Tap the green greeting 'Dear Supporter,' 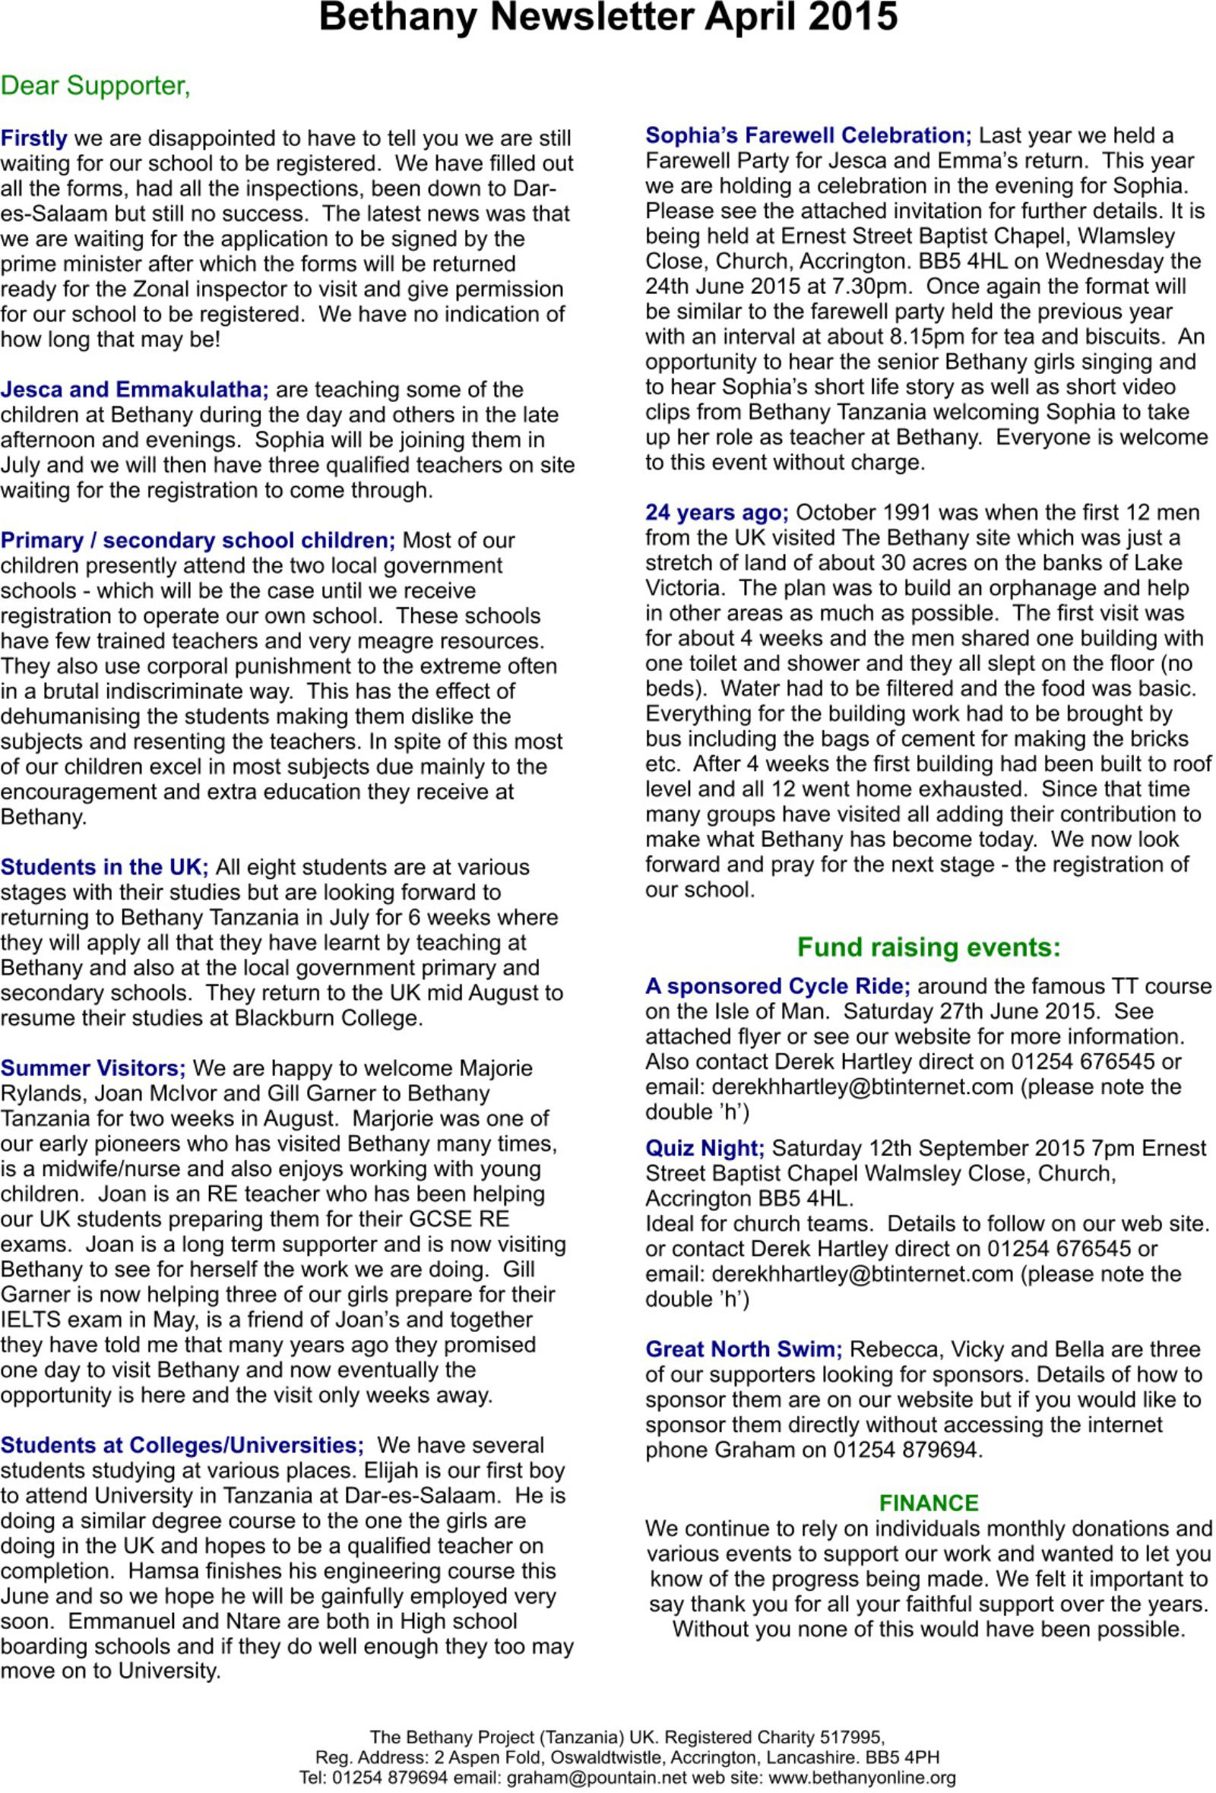[x=96, y=86]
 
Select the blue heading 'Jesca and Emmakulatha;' [x=135, y=390]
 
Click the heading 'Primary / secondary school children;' [x=198, y=540]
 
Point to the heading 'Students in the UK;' [x=104, y=867]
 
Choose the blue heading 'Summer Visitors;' [x=93, y=1067]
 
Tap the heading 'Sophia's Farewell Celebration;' [x=808, y=135]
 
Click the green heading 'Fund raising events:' [x=928, y=947]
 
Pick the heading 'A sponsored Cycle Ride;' [x=777, y=986]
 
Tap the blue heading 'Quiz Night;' [x=705, y=1148]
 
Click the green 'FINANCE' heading [x=928, y=1503]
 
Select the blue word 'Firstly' [x=34, y=138]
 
